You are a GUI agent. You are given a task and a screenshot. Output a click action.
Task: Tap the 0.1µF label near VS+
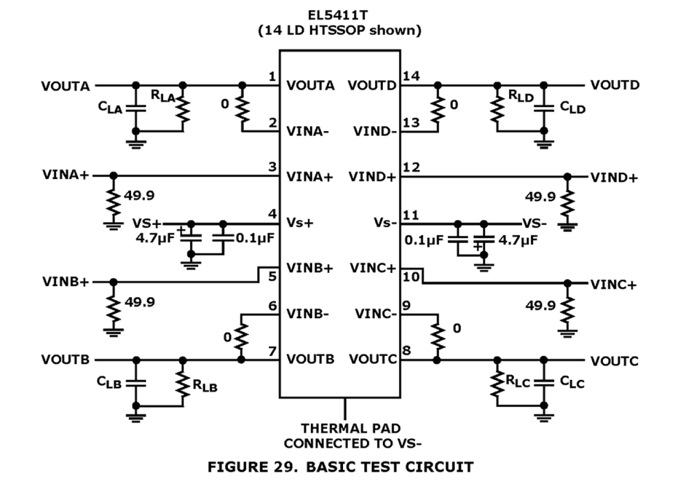(254, 239)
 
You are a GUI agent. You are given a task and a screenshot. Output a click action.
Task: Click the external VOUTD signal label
(614, 86)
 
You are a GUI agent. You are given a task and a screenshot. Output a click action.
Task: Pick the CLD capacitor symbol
(543, 108)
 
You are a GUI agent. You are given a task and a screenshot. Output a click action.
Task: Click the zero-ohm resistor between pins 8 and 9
(437, 337)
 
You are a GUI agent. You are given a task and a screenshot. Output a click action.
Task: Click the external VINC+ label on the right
(613, 284)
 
